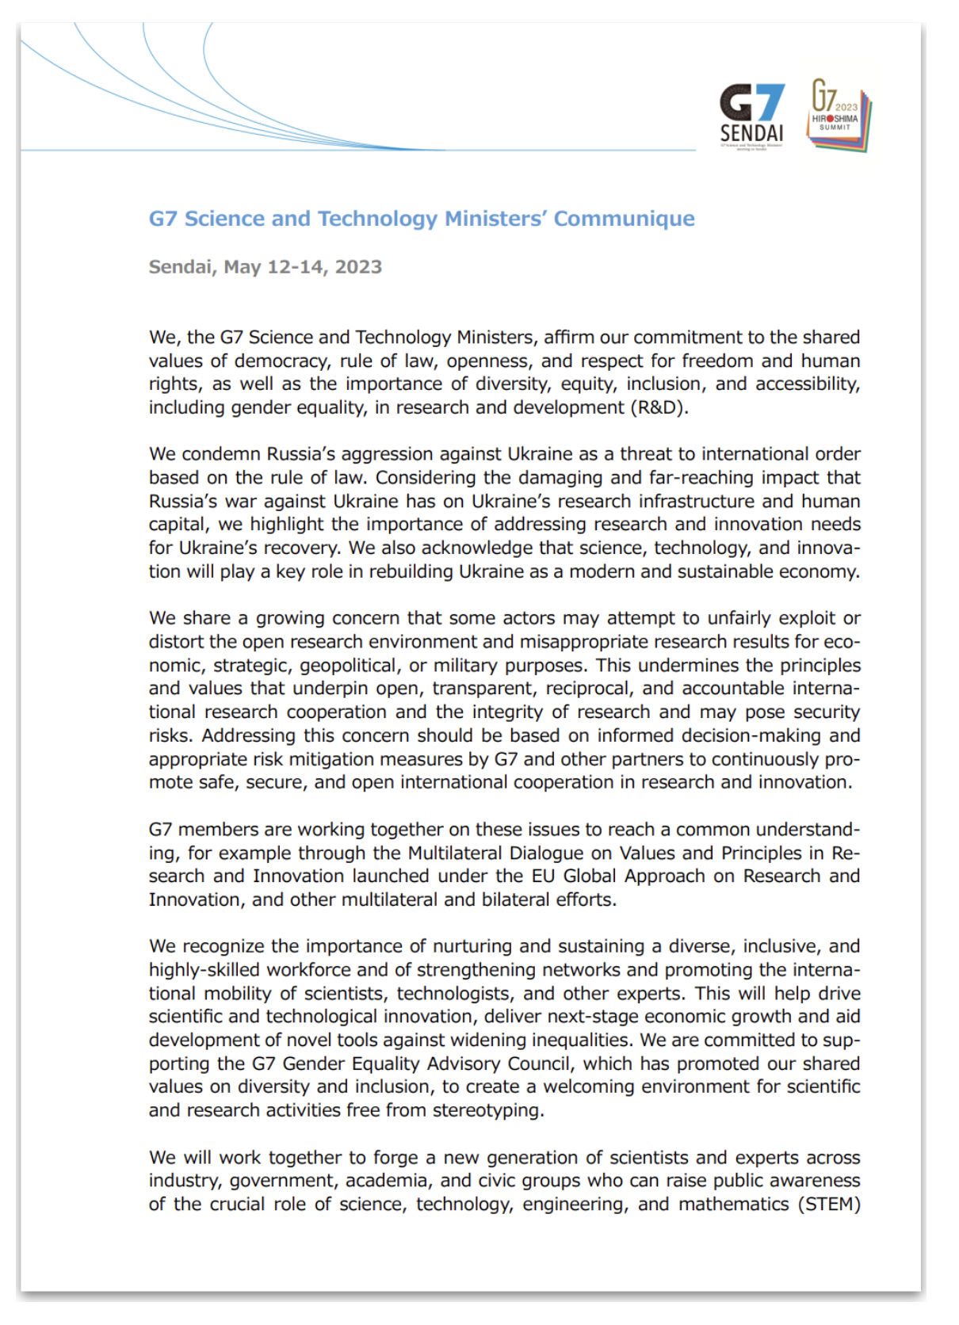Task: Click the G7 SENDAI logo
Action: [751, 116]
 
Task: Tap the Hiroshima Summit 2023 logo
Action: [839, 116]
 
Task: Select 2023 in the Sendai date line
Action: [358, 267]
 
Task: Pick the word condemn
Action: [224, 454]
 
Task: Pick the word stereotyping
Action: [487, 1110]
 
